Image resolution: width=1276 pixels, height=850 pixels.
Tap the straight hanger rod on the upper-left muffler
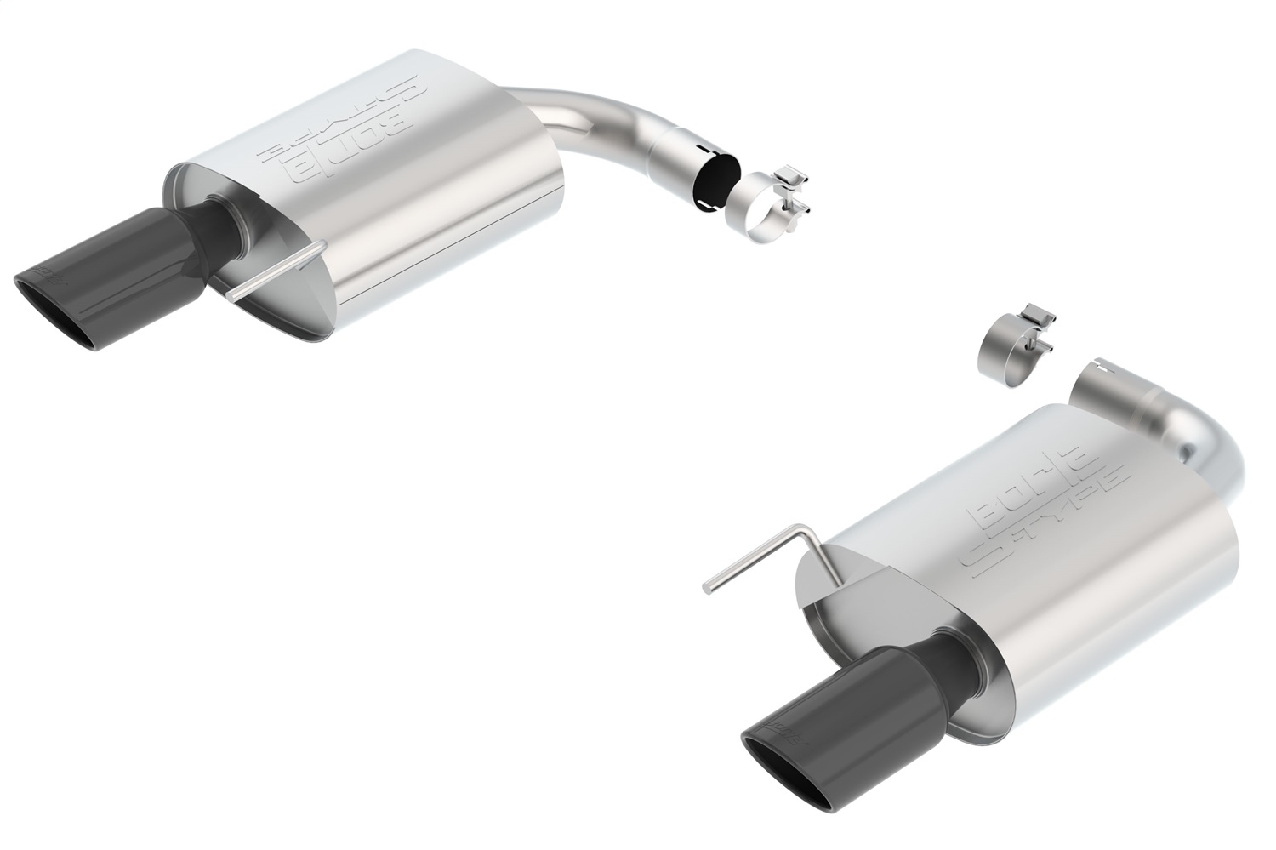coord(276,271)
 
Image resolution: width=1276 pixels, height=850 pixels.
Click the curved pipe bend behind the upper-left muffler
coord(595,128)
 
